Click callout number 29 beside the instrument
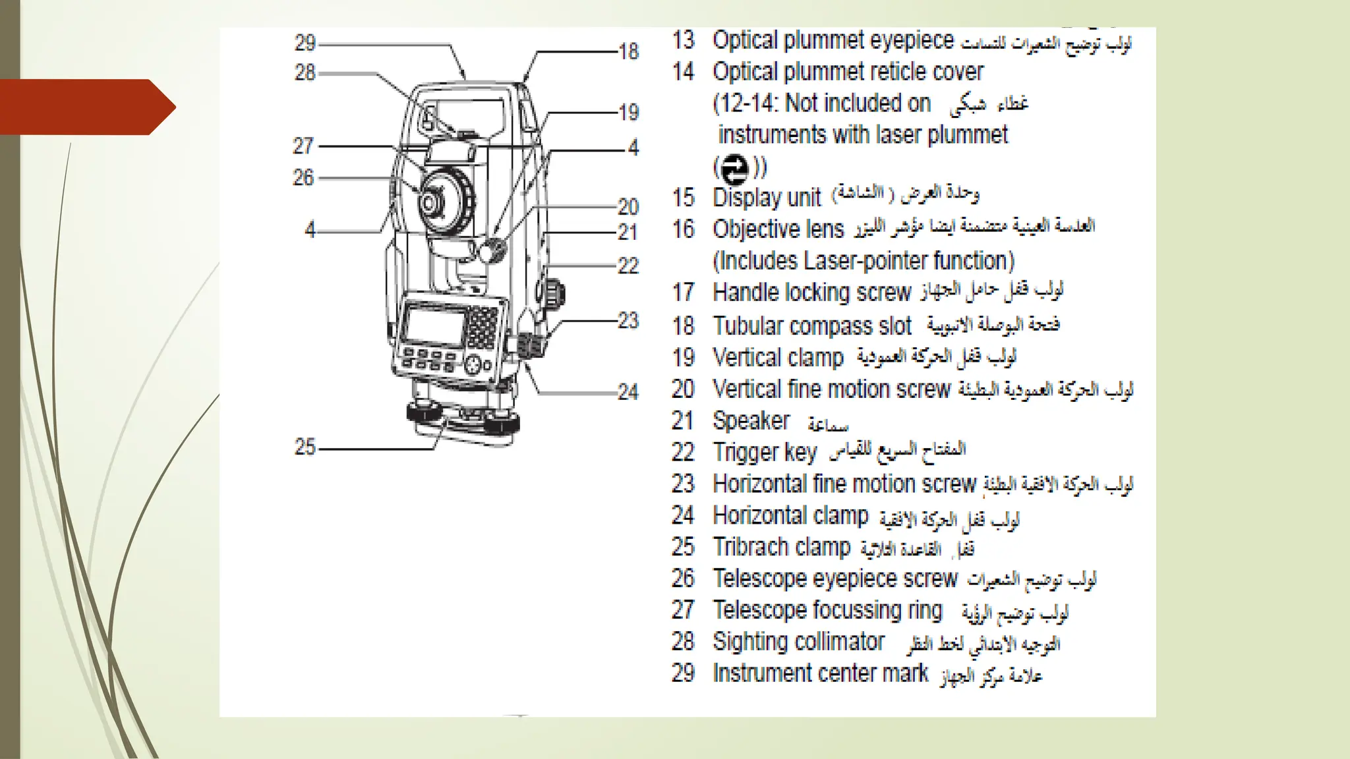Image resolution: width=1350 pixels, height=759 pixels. (305, 43)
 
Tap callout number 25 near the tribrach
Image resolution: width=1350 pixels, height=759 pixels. (305, 447)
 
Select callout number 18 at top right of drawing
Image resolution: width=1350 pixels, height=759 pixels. (628, 51)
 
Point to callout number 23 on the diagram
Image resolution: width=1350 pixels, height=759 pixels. (628, 321)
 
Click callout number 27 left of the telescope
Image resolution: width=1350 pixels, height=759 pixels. (303, 146)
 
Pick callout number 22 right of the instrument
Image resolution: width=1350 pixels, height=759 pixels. (628, 266)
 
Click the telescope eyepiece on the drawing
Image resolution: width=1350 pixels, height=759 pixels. (430, 202)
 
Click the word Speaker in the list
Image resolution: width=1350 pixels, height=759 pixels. (751, 421)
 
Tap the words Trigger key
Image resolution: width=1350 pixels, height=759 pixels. (765, 453)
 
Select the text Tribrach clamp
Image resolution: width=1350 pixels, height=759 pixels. (781, 548)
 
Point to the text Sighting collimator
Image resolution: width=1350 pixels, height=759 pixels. (798, 642)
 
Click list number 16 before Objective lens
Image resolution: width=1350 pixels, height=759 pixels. (684, 230)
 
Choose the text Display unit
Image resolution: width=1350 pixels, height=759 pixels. (767, 198)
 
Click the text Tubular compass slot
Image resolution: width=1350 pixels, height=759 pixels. (812, 326)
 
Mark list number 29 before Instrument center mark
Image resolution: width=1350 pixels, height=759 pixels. (684, 673)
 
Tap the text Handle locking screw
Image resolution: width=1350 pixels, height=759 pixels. (812, 292)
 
